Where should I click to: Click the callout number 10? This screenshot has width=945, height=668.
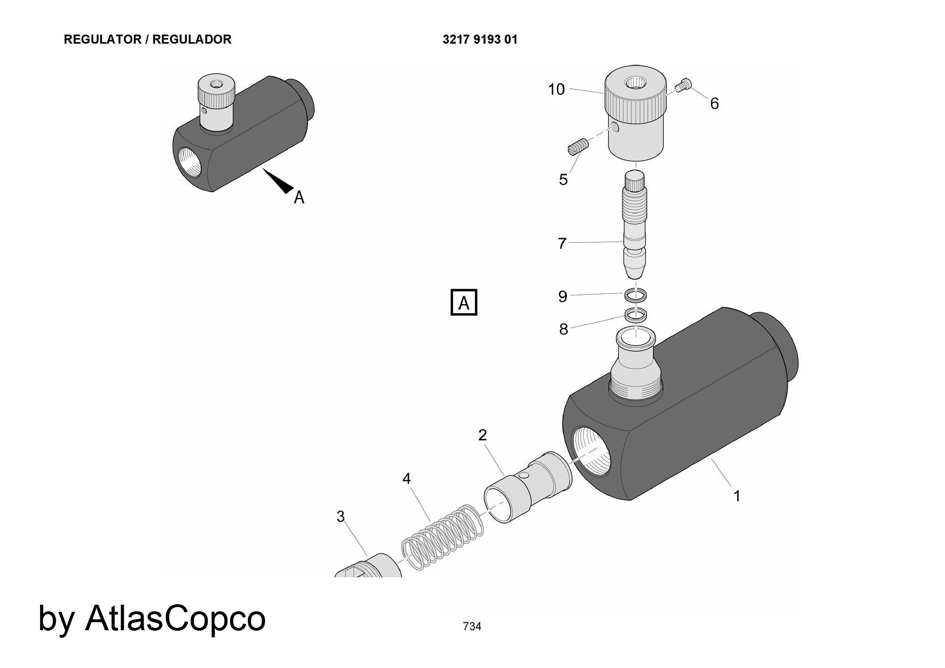coord(556,89)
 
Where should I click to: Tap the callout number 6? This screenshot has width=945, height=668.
coord(714,103)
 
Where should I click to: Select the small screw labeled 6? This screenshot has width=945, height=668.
coord(683,86)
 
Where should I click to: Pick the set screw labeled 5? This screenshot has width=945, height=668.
coord(576,146)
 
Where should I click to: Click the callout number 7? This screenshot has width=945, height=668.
coord(562,243)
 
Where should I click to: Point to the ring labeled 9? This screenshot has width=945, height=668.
coord(636,296)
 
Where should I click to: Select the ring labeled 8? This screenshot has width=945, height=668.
coord(636,314)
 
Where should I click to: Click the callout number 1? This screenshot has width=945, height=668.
coord(736,496)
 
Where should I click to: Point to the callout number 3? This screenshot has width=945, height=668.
coord(340,516)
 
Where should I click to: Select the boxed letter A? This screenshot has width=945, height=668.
coord(464,302)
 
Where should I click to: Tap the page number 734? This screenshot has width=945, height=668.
coord(472,626)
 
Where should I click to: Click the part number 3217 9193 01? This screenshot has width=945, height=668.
coord(480,40)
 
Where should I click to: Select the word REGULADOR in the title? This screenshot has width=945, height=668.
coord(192,40)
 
